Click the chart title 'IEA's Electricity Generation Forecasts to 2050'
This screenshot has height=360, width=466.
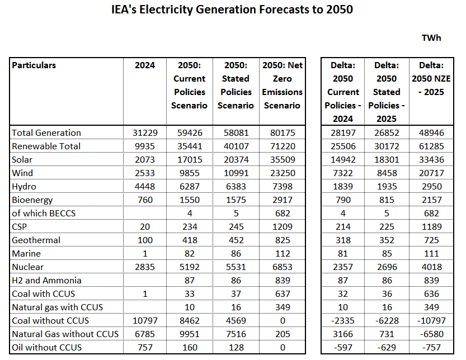(232, 11)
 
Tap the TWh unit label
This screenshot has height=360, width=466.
(431, 38)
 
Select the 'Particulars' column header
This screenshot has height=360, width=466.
(34, 65)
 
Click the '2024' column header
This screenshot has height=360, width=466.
(145, 65)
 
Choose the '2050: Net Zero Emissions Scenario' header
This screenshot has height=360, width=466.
(283, 85)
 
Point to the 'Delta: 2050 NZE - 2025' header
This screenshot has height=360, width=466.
(431, 78)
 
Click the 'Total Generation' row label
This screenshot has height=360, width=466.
(46, 133)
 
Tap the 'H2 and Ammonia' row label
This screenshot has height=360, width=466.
(46, 281)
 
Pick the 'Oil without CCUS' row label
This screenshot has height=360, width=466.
(46, 348)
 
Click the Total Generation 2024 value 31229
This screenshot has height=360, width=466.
(145, 133)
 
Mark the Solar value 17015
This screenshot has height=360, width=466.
(190, 160)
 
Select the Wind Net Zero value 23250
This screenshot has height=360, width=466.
(283, 173)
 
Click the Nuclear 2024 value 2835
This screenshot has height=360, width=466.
(145, 267)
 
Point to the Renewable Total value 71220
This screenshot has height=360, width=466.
(283, 146)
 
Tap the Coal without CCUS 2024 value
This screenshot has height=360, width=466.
(145, 321)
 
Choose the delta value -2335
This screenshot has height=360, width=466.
(343, 321)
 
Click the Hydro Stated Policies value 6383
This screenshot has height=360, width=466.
(236, 187)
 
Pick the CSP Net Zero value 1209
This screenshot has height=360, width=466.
(283, 227)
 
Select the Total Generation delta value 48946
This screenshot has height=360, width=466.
(431, 133)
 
